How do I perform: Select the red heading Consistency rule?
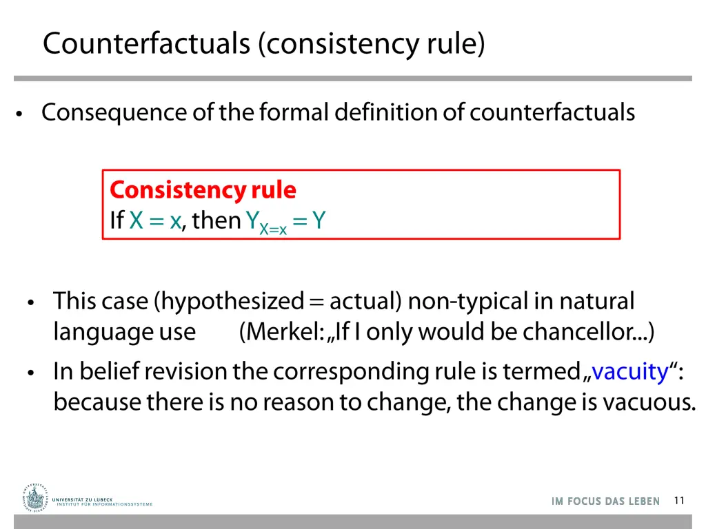pos(203,189)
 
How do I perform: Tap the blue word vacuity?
pos(630,372)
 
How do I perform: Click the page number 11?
pos(679,501)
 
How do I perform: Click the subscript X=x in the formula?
pos(273,229)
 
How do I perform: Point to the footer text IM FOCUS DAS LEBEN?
pos(605,501)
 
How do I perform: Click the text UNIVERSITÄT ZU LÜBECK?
pos(82,499)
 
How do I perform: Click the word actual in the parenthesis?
pos(363,302)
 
